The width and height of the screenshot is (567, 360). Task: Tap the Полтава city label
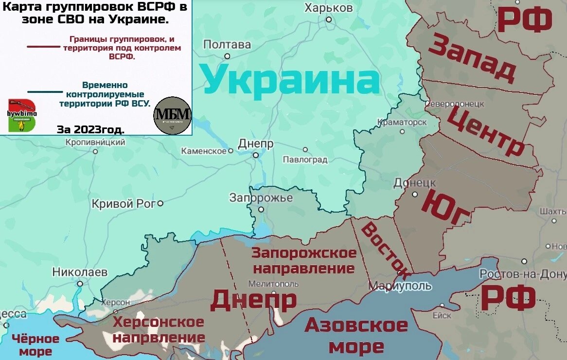tap(227, 45)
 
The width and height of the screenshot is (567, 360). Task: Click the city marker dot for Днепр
tap(256, 155)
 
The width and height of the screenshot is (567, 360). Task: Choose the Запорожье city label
tap(261, 198)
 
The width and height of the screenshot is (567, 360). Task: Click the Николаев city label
tap(80, 272)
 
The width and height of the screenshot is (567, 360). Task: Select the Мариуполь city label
tap(400, 286)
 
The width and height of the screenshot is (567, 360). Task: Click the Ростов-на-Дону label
tap(523, 274)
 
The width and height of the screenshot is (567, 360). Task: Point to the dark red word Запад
tap(471, 58)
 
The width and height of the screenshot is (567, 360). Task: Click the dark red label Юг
tap(447, 208)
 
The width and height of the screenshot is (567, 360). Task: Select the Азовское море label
tap(356, 336)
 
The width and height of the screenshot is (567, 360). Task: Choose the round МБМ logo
tap(173, 116)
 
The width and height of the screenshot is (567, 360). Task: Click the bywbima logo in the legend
tap(22, 115)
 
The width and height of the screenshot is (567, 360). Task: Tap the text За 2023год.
tap(90, 130)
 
